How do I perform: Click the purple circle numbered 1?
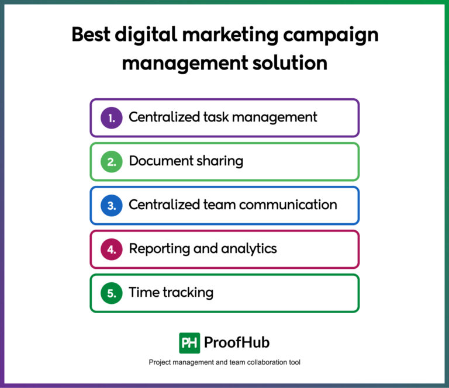(111, 117)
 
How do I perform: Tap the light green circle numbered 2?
(111, 161)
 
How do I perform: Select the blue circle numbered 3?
(111, 205)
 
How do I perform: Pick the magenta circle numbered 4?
(111, 249)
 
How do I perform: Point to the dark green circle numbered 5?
(111, 293)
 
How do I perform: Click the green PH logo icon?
(189, 343)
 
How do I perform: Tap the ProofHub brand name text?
(237, 343)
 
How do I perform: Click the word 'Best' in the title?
(90, 35)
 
